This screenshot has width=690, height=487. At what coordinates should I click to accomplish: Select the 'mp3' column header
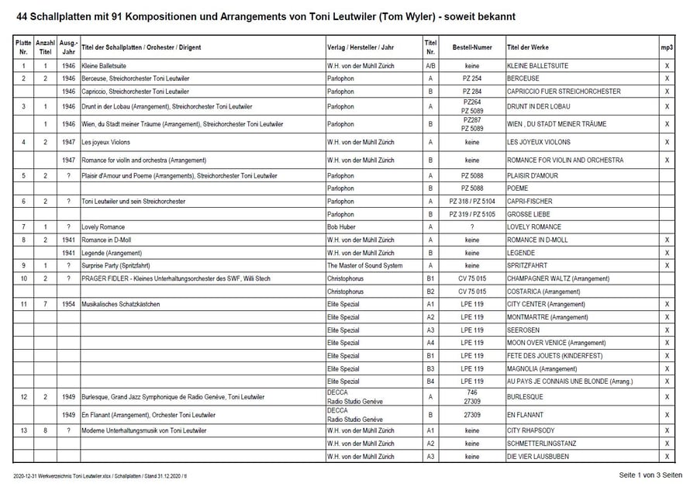pos(667,47)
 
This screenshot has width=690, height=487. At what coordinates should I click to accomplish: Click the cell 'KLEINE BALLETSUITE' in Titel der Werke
pos(537,67)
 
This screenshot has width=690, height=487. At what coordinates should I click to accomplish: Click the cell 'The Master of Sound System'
pos(365,266)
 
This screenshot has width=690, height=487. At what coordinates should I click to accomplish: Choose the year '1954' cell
pos(69,304)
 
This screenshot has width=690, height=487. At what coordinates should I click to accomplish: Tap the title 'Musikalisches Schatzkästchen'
pos(120,304)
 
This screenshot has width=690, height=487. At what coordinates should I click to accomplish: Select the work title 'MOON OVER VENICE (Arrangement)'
pos(557,343)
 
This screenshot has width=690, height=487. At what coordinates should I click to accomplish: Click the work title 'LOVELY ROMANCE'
pos(535,226)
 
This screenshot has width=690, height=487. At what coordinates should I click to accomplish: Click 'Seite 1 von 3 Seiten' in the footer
pos(650,475)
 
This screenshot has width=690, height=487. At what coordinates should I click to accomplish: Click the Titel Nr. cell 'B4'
pos(430,382)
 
